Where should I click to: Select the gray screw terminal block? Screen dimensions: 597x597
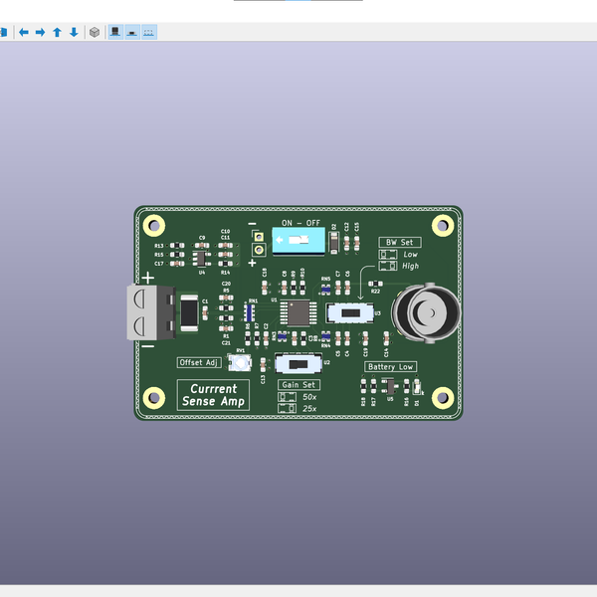click(151, 311)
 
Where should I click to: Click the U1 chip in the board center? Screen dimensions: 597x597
click(296, 313)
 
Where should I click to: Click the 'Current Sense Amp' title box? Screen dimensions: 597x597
click(213, 395)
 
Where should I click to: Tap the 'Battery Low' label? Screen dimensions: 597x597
click(390, 366)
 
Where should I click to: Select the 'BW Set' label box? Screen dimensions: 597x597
click(399, 242)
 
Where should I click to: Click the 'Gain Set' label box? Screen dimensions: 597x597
click(298, 384)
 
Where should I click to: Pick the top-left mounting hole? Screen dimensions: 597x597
click(153, 224)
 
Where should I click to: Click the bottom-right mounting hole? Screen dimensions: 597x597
click(442, 398)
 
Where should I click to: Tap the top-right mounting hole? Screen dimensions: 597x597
click(442, 224)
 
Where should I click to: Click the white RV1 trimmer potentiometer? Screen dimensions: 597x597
click(239, 363)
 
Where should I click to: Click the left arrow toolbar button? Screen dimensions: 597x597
click(24, 32)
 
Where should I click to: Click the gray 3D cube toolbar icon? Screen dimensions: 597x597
click(95, 32)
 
